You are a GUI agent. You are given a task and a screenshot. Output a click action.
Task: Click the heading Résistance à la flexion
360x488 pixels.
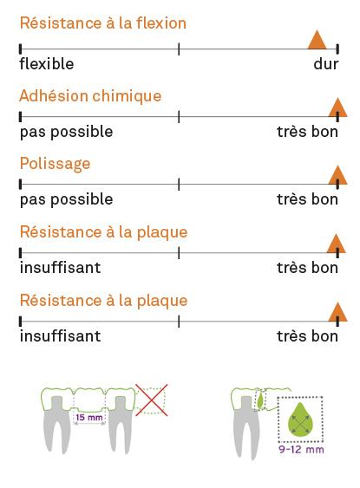[x=103, y=23]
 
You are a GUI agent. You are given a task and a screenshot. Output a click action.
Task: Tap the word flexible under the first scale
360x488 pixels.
[x=47, y=64]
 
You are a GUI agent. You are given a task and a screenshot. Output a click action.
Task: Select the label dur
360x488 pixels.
[x=326, y=64]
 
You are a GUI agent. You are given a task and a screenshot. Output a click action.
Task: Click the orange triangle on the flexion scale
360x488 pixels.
[x=317, y=40]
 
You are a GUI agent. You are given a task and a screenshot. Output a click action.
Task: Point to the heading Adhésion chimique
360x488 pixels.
[x=90, y=95]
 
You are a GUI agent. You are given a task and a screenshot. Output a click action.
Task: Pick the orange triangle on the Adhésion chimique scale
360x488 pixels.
[x=338, y=107]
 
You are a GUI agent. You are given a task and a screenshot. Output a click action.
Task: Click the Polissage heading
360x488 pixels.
[x=56, y=164]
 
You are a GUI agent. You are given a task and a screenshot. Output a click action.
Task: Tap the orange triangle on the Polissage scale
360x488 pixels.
[x=338, y=174]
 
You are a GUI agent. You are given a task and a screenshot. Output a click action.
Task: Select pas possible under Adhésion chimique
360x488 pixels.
[x=66, y=132]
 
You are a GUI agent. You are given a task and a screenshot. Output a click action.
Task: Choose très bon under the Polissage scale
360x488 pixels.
[x=307, y=199]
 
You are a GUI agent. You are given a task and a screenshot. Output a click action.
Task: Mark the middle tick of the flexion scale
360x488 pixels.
[x=179, y=49]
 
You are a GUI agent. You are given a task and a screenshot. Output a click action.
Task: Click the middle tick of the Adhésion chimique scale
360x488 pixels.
[x=179, y=117]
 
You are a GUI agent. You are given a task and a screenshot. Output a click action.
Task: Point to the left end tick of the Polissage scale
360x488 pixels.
[x=20, y=185]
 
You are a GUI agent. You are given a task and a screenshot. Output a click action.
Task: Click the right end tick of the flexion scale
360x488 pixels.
[x=337, y=49]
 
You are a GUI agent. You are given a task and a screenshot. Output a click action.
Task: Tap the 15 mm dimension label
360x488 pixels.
[x=89, y=417]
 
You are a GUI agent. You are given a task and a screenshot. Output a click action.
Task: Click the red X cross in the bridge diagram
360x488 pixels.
[x=152, y=400]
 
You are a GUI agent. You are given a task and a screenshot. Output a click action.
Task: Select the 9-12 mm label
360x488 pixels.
[x=301, y=449]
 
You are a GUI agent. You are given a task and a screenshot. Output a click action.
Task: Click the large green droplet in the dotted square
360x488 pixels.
[x=300, y=420]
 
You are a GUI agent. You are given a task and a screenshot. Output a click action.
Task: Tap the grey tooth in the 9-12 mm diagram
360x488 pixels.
[x=246, y=426]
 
